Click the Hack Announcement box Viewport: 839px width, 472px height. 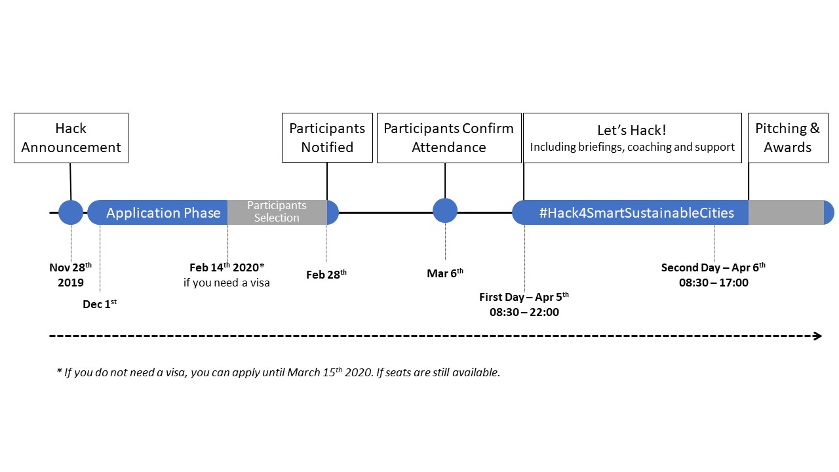pos(71,138)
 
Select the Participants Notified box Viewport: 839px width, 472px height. pos(327,138)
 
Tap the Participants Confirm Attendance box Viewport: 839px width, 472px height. pos(448,138)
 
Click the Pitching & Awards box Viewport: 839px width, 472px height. pos(787,138)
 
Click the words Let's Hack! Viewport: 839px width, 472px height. pos(631,130)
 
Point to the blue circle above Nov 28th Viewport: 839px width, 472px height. pos(71,212)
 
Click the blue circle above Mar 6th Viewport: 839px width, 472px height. pos(445,210)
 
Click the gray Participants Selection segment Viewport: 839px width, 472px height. pos(277,212)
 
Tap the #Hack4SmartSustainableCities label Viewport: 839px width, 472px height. pos(636,212)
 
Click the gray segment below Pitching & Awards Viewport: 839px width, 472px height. pos(785,212)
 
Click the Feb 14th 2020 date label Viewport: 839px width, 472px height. pos(226,267)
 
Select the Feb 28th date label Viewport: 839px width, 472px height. pos(326,275)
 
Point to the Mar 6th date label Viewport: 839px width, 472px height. pos(445,273)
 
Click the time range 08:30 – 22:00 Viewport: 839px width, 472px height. pos(524,312)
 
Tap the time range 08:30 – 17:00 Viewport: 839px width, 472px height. pos(713,283)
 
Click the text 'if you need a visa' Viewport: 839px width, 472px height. pos(226,283)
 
